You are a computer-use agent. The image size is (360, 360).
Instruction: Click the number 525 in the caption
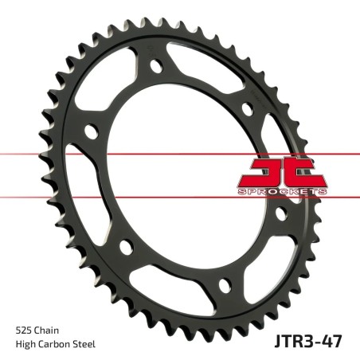[x=24, y=329]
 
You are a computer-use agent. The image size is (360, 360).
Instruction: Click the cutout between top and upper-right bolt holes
[x=209, y=76]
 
